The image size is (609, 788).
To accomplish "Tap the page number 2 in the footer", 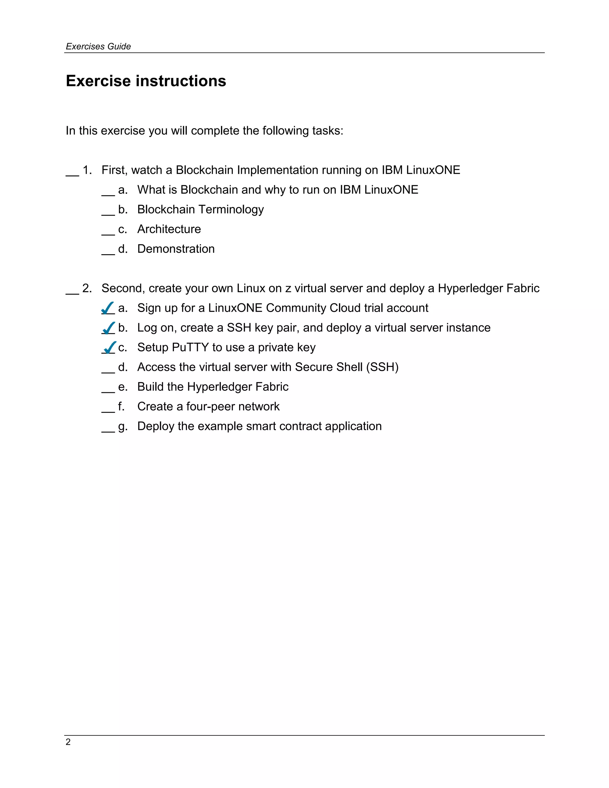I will (68, 742).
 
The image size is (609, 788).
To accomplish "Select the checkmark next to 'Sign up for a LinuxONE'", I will (108, 308).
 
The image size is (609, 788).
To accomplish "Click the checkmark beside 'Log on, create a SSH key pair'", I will (109, 328).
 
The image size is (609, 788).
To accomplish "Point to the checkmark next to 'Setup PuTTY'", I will (109, 347).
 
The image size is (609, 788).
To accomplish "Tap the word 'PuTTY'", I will (190, 347).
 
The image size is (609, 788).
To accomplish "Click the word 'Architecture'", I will (169, 229).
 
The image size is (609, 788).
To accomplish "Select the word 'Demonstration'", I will (176, 249).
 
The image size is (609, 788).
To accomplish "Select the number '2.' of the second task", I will (87, 288).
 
